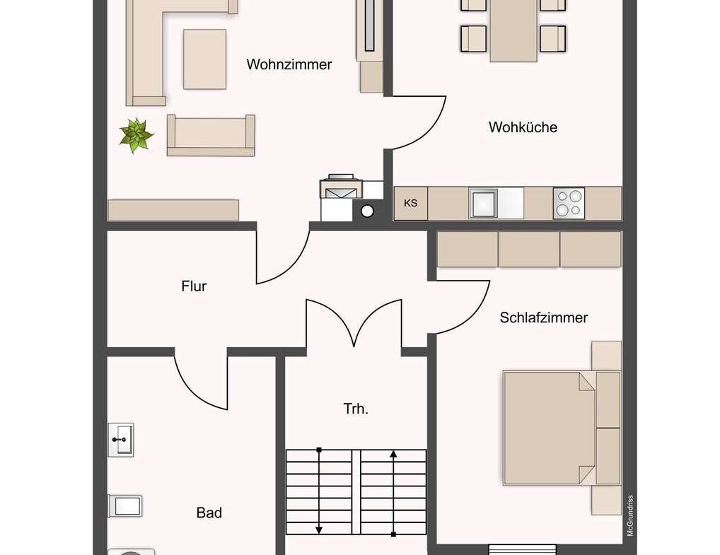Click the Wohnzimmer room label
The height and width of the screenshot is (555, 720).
(289, 64)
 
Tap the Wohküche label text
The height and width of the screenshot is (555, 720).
(523, 127)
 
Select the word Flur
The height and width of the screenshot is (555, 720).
(194, 286)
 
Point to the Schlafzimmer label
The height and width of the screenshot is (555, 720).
(543, 317)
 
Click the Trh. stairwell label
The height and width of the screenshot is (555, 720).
(356, 409)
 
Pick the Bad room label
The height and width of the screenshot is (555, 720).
(209, 513)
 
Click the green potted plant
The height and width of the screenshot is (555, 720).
(137, 135)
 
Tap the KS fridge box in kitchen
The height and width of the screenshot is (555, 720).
(410, 204)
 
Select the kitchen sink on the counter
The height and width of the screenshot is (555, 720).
(484, 203)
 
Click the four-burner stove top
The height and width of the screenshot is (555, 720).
(569, 203)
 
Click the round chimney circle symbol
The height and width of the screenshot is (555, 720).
(367, 211)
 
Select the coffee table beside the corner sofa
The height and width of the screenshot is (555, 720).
(204, 59)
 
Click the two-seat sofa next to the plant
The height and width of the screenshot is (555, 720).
(211, 135)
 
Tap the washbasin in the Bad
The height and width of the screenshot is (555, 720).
(121, 440)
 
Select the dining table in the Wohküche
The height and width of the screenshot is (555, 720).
(513, 28)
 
